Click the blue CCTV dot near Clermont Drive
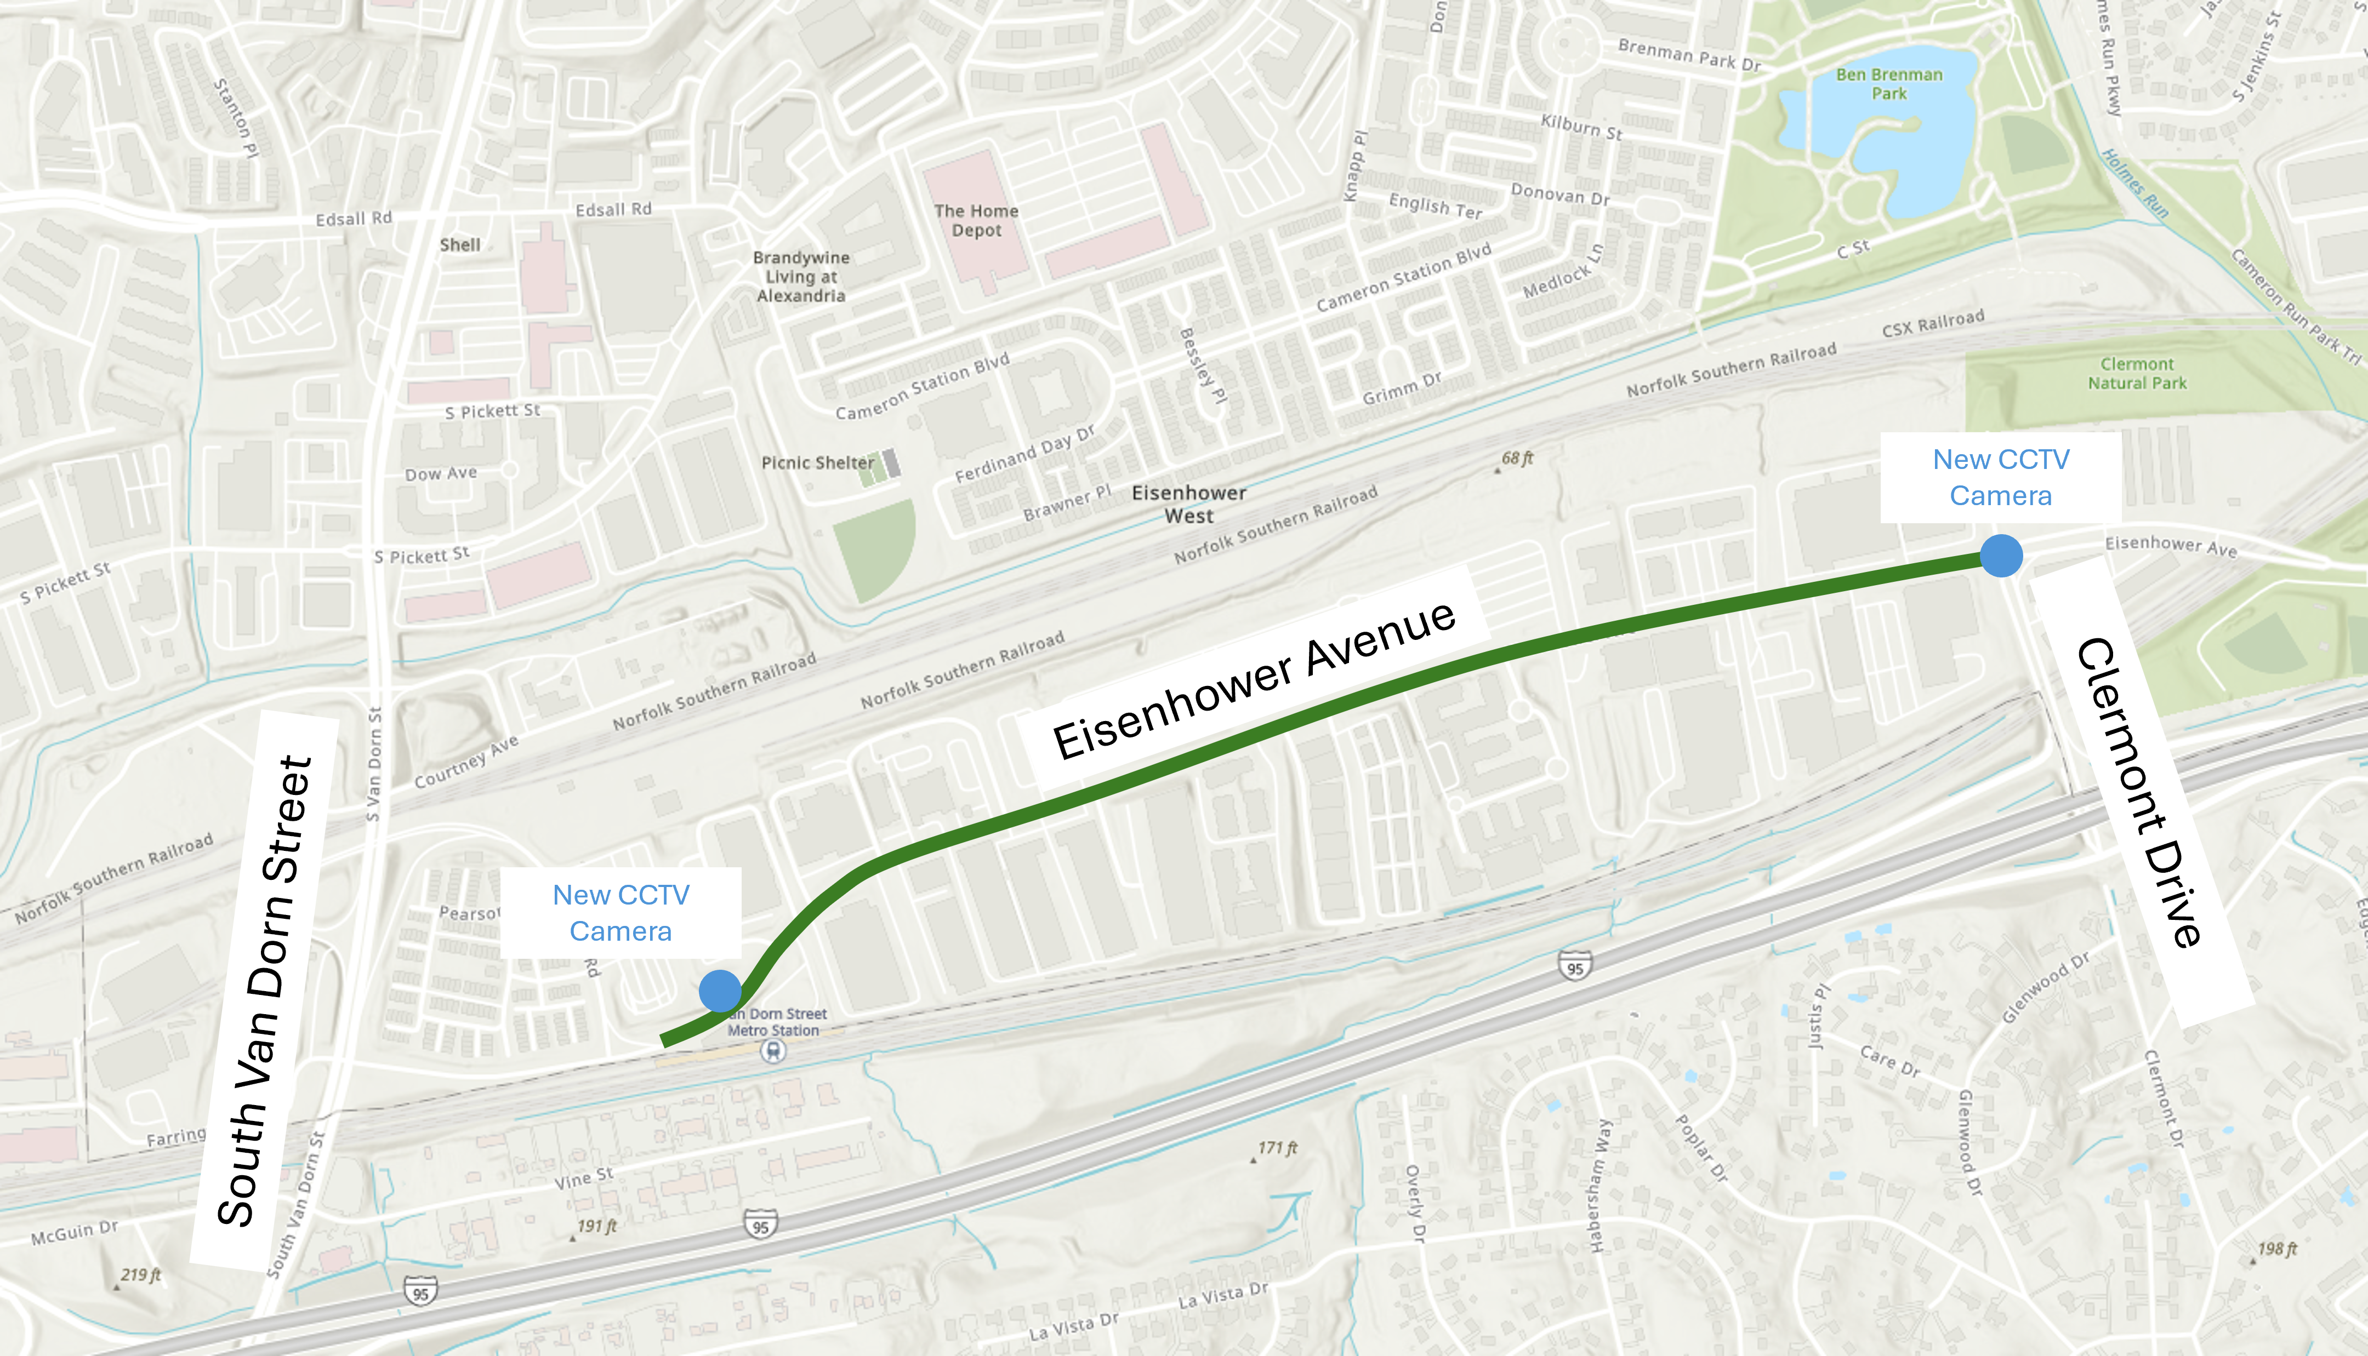[x=2001, y=556]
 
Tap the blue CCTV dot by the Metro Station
[x=720, y=991]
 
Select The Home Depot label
[x=976, y=221]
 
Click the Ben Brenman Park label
[x=1889, y=84]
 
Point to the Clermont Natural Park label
[x=2137, y=374]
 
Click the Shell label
[x=460, y=245]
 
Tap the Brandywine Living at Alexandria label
[x=801, y=277]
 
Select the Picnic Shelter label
[x=817, y=463]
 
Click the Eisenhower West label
[x=1188, y=504]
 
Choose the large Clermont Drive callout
[x=2141, y=792]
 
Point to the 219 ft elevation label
[x=141, y=1275]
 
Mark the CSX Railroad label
[x=1933, y=323]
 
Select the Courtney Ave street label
[x=466, y=762]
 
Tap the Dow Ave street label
[x=441, y=474]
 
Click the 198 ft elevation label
[x=2278, y=1249]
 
